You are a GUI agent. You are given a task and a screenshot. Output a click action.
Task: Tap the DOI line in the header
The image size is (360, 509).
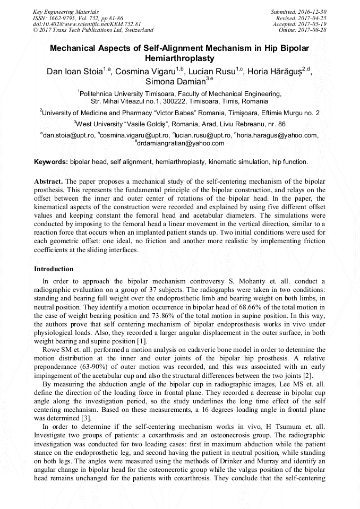pos(87,24)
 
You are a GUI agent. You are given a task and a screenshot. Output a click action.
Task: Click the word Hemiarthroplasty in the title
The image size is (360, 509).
pos(179,58)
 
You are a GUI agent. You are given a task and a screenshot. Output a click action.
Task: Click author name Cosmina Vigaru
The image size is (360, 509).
pos(144,71)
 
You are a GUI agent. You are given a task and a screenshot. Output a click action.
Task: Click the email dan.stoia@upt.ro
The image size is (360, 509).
pos(68,135)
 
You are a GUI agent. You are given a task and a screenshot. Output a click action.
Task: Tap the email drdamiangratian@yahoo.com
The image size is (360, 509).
pos(181,143)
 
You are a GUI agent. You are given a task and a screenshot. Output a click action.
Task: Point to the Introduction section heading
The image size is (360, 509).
pos(54,269)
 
